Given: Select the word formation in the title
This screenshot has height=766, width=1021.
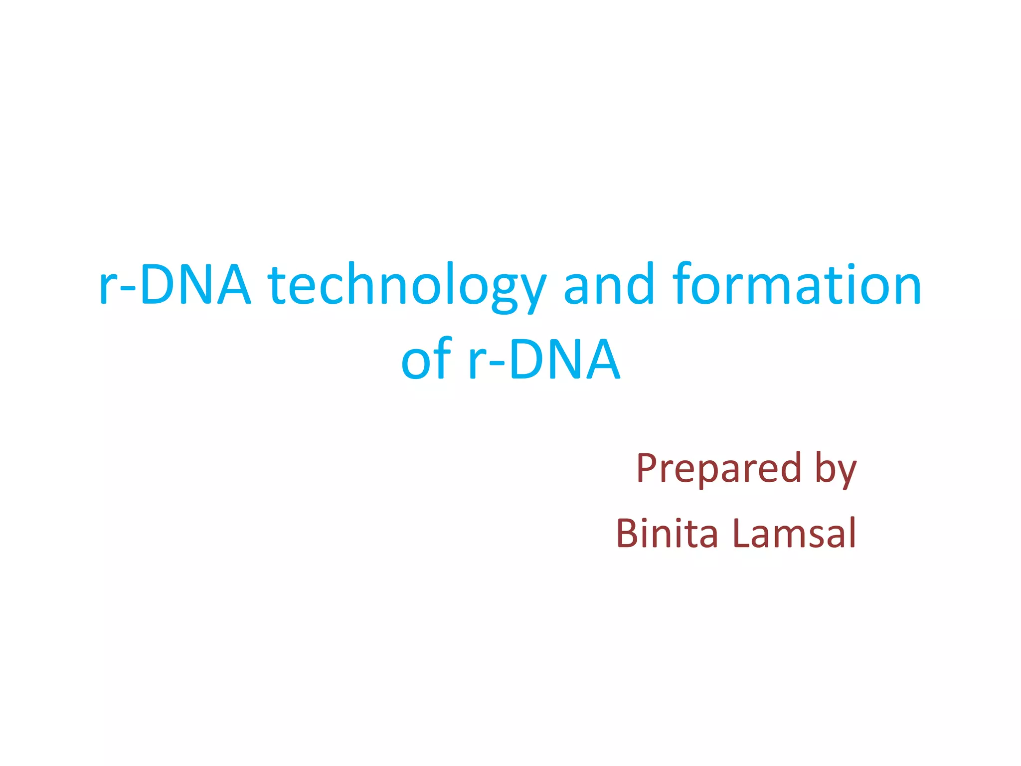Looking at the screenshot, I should [797, 284].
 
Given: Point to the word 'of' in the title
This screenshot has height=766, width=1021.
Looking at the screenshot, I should [426, 359].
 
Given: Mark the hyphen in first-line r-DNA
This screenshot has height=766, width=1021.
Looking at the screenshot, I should [128, 289].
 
